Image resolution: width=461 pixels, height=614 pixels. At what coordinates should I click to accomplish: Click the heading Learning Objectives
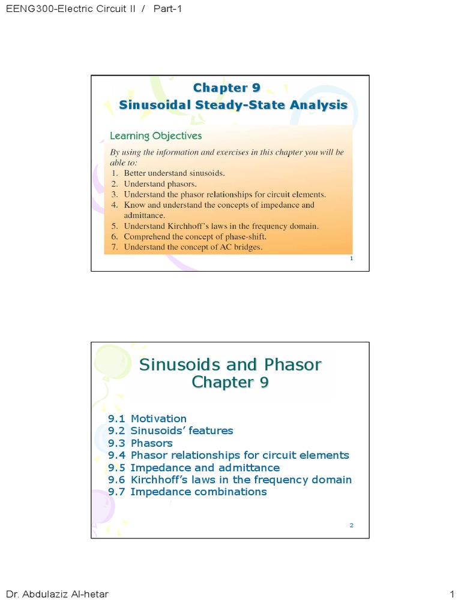point(155,136)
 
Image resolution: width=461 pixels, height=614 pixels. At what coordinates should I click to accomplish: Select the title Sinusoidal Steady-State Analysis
point(233,105)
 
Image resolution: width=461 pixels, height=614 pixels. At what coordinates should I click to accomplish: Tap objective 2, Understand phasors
point(160,184)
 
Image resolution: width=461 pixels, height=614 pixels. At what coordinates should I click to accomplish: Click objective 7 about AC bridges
point(193,246)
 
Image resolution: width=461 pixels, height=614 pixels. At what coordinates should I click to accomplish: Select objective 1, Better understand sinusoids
point(174,173)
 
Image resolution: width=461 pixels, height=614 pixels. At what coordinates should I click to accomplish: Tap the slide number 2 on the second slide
point(351,526)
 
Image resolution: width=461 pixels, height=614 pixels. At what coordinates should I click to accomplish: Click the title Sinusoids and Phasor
point(230,365)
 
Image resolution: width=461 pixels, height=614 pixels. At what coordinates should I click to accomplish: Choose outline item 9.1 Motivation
point(148,419)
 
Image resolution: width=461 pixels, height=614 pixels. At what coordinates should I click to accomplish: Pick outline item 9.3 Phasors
point(140,443)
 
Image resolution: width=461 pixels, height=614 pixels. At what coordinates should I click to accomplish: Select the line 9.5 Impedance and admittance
point(194,468)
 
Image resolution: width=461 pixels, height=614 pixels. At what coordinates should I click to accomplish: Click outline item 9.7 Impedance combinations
point(187,492)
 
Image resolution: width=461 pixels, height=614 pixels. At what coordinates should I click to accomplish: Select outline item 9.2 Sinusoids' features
point(170,431)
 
